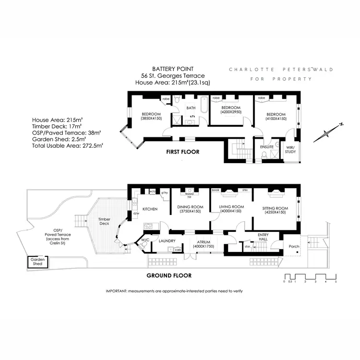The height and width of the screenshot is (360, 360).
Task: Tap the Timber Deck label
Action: click(104, 221)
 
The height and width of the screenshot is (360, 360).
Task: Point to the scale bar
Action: click(310, 277)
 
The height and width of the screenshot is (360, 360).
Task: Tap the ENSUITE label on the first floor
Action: click(266, 146)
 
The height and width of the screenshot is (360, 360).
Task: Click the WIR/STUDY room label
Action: click(290, 149)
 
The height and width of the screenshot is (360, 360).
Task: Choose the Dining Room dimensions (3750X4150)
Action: click(191, 212)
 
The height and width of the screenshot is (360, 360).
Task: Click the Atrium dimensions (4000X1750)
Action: click(204, 246)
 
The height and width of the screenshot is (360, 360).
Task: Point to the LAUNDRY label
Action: click(167, 241)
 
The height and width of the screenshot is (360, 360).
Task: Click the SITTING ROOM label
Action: click(276, 208)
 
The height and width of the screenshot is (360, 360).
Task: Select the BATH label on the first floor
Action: click(191, 108)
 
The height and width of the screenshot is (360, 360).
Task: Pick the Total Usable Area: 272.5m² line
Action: click(67, 144)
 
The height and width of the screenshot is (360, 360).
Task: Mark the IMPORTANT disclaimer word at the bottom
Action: click(116, 291)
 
